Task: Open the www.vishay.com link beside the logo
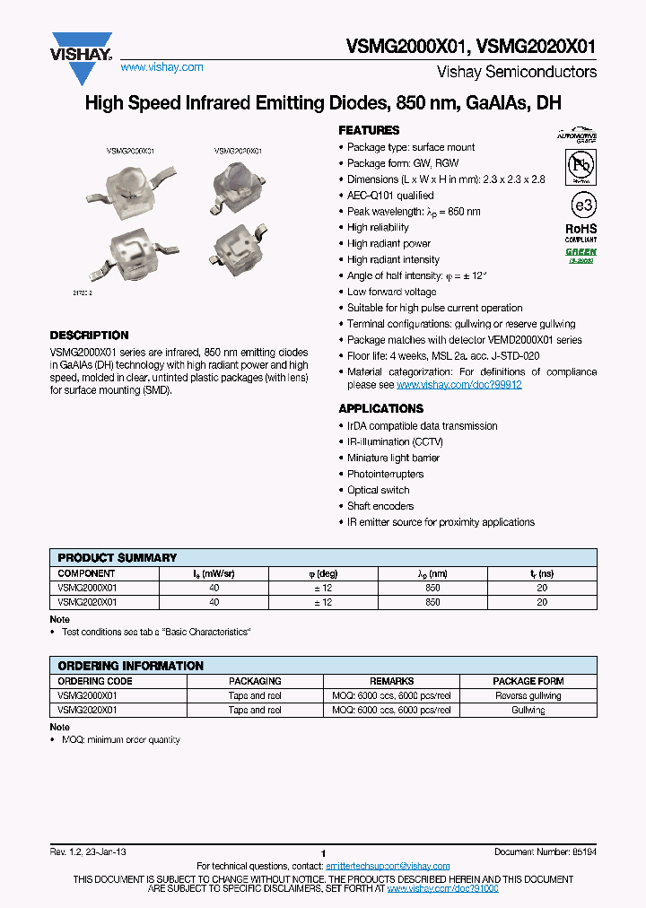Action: [x=161, y=67]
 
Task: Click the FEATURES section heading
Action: [x=369, y=131]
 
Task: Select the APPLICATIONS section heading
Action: [x=380, y=409]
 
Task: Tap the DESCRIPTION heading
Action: [x=89, y=336]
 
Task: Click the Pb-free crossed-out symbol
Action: [x=581, y=167]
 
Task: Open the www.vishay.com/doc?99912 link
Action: [x=458, y=385]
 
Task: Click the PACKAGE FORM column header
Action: [x=528, y=681]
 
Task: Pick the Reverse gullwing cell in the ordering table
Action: [x=528, y=695]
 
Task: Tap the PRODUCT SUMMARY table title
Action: [x=118, y=558]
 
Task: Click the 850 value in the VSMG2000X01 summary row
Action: [x=432, y=588]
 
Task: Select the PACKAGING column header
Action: [x=255, y=681]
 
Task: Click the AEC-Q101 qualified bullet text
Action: [x=390, y=196]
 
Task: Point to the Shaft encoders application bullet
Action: [x=380, y=506]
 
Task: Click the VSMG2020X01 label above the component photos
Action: [x=238, y=153]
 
